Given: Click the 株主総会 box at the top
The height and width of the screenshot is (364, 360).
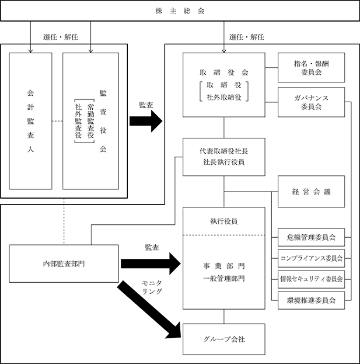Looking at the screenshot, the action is coord(180,11).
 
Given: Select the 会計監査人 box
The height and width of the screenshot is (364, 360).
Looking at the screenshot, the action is coord(30,121).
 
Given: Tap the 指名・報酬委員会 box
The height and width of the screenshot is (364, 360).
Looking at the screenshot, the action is coord(311,68).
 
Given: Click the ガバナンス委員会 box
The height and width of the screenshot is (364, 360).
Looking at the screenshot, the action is coord(311,102).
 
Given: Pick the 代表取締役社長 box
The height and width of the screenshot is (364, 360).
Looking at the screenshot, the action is coord(223,157).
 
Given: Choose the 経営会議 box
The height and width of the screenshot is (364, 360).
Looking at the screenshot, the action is coord(311,192).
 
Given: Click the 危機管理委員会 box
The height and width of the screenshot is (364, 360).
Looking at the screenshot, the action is coord(311,237).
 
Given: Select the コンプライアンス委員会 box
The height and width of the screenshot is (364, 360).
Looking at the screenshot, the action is coord(311,258).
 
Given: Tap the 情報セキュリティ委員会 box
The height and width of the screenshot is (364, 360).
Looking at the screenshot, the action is coord(311,279).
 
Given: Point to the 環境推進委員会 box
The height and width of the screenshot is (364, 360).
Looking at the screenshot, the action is coord(311,300).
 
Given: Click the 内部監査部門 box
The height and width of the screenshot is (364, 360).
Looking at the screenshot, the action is coord(64,264).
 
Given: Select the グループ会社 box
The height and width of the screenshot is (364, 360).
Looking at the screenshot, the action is coord(223,339).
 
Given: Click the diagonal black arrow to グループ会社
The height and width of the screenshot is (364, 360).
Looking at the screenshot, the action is coord(149,310).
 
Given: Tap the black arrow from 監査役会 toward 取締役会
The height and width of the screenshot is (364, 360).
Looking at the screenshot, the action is coord(146,121).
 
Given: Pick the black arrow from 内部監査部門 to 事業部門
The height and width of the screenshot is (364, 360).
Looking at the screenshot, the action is coord(151,264).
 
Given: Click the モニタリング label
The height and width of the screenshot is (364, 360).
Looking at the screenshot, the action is coord(152,287).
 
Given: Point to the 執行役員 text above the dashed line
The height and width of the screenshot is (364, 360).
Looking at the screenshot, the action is coord(223,221).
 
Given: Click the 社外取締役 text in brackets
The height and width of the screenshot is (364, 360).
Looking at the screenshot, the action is coord(223,98).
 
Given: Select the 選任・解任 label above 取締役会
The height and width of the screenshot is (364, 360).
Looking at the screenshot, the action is coord(247,37).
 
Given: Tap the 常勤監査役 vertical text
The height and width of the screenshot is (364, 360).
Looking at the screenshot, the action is coord(90,121).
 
